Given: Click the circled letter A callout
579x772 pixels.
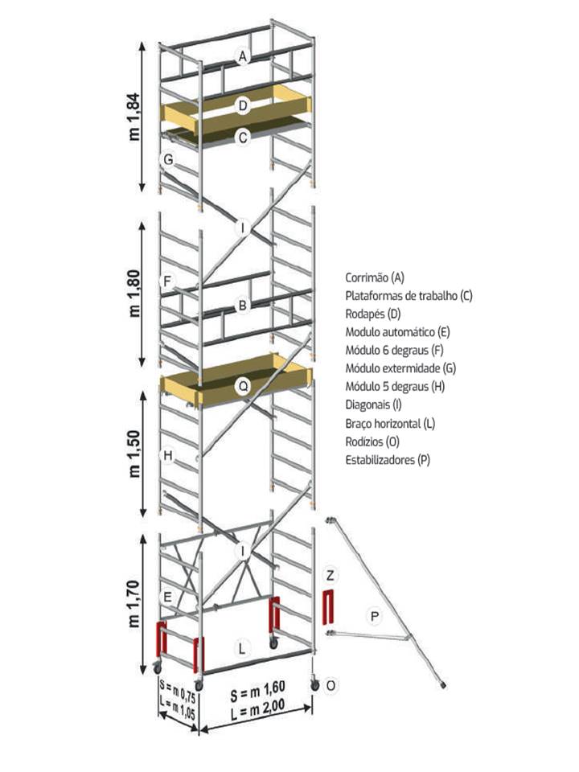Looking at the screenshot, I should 242,56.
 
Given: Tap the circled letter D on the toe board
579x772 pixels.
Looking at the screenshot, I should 242,105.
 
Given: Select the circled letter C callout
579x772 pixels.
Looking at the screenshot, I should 242,138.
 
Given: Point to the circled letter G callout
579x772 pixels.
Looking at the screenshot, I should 167,159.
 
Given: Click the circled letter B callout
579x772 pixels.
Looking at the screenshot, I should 240,305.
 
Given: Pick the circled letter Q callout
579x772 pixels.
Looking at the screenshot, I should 242,386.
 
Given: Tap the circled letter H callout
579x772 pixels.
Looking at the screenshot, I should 167,457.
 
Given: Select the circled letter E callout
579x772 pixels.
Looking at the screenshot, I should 167,597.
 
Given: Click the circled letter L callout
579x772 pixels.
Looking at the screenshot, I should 242,647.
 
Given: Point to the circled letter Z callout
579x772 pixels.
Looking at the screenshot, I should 330,574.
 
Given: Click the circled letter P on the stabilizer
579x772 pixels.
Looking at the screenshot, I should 372,616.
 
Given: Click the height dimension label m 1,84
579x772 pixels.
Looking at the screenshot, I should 134,116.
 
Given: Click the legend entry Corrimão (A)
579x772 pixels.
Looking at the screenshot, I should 374,277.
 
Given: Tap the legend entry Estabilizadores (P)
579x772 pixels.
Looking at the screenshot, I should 387,460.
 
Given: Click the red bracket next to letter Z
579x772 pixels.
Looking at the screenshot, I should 327,606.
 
